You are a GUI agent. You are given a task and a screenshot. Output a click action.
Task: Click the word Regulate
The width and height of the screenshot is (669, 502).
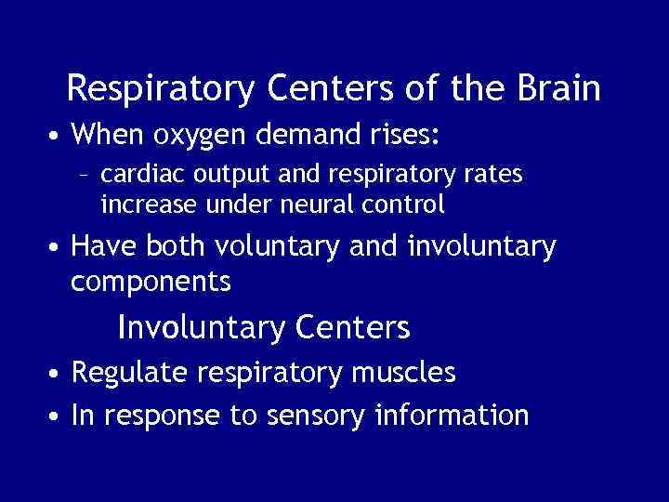pos(133,374)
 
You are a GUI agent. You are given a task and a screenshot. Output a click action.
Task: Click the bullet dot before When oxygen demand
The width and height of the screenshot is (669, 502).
pos(58,138)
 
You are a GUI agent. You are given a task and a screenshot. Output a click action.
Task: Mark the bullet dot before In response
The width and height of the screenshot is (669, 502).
pos(58,416)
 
